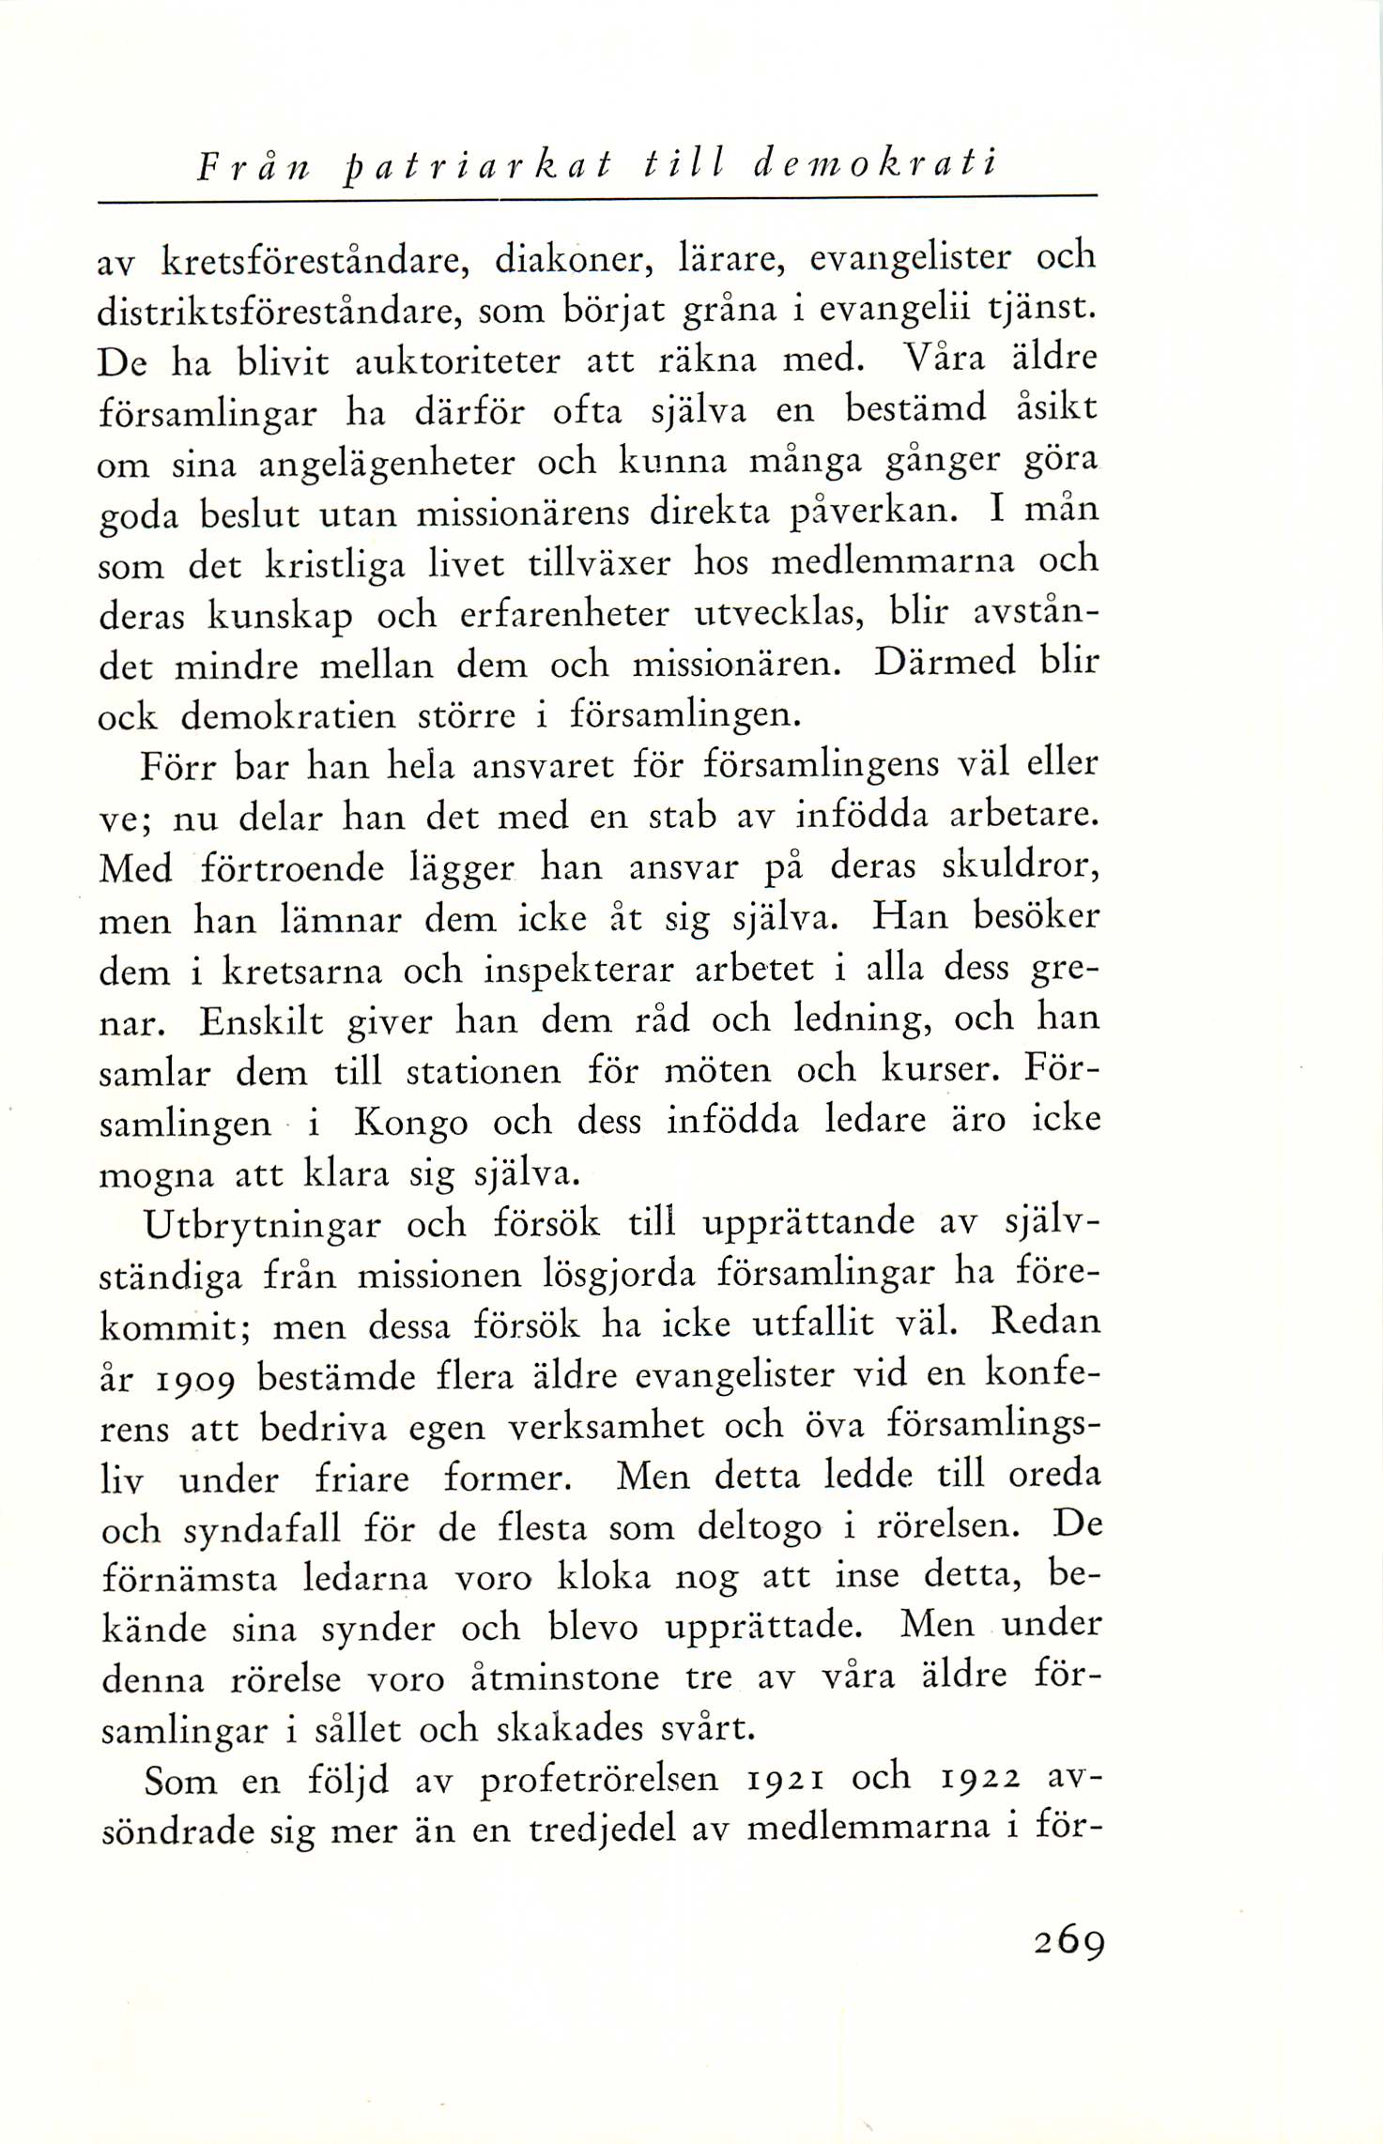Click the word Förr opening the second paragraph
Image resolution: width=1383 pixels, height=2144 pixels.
(x=177, y=767)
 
